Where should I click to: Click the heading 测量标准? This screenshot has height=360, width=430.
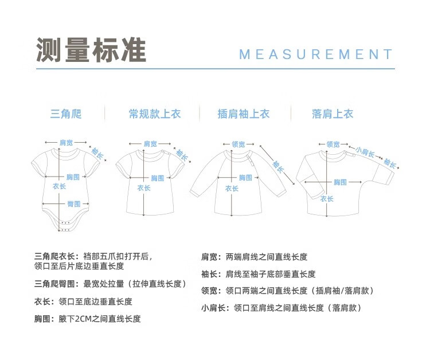pos(91,50)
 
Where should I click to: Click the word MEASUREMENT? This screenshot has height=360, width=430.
pos(316,54)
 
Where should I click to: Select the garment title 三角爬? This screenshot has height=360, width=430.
pos(66,114)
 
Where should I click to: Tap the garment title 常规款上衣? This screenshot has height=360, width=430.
pos(154,114)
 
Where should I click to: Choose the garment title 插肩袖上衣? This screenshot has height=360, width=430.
pos(243,114)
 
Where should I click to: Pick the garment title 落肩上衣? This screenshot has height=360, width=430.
pos(333,114)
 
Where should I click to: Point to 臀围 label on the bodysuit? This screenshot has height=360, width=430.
pos(73,204)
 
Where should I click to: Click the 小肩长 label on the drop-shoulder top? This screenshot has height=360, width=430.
pos(365,151)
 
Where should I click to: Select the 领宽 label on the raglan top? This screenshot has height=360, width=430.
pos(238,144)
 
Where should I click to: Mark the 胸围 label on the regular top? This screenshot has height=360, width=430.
pos(158,178)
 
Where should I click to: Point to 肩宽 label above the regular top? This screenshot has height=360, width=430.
pos(150,143)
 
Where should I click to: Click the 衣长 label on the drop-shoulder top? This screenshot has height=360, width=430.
pos(327,199)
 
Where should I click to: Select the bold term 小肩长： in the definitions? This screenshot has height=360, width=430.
pos(216,308)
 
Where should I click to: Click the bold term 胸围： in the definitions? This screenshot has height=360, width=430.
pos(46,319)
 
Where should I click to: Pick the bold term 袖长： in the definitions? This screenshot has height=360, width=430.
pos(212,274)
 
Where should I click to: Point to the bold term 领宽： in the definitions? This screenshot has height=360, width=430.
pos(212,291)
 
